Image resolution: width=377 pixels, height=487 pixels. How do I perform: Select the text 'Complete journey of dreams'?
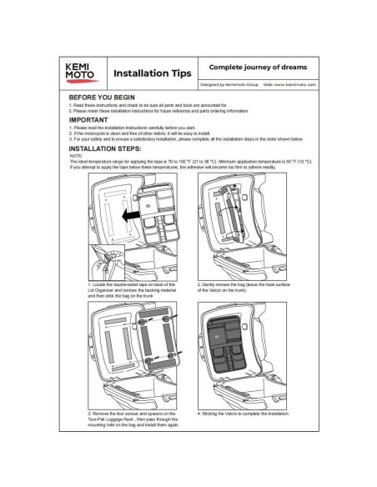coord(246,66)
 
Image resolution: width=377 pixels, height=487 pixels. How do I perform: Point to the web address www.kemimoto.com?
coord(285,85)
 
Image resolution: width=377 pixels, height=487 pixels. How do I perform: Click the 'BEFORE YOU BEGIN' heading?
coord(102,98)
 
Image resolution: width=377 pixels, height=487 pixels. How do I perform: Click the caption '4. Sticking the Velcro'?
coord(244,412)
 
